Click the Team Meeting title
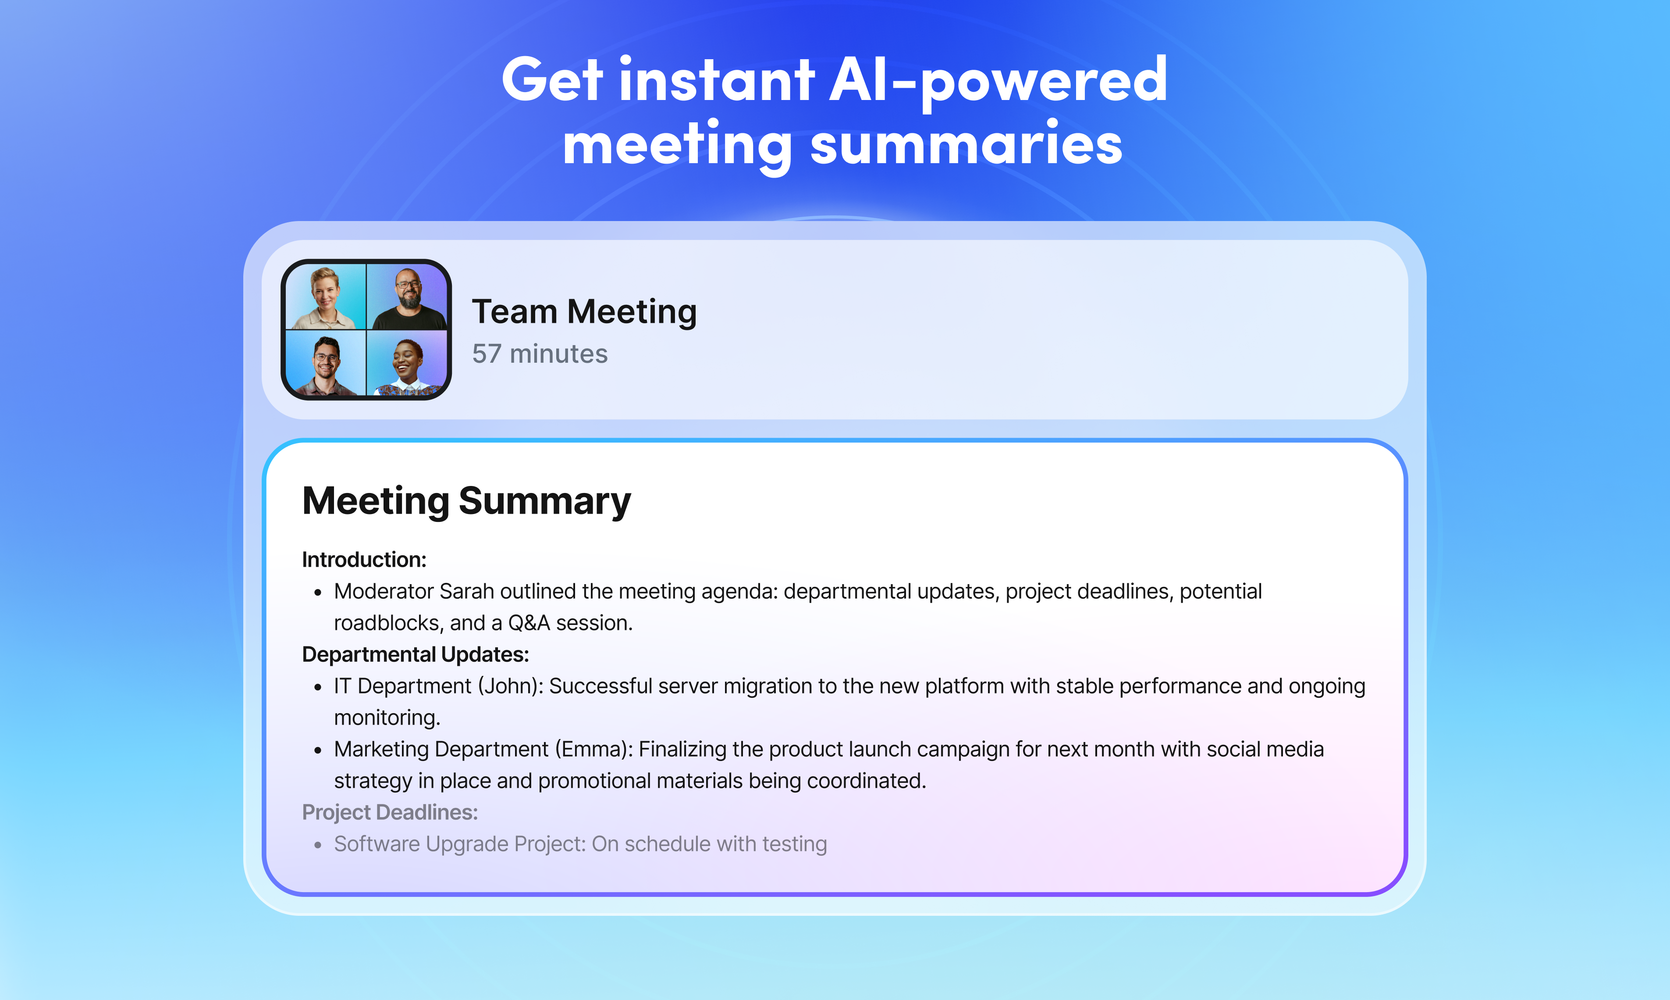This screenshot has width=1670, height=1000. tap(584, 312)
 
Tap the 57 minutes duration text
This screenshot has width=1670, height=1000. tap(540, 354)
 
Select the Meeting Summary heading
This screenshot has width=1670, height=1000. tap(466, 501)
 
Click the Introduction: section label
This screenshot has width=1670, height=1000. tap(364, 559)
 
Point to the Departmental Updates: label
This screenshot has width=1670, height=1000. tap(416, 654)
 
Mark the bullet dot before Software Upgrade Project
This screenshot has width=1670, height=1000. tap(318, 846)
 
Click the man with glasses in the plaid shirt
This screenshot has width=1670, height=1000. tap(326, 364)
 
